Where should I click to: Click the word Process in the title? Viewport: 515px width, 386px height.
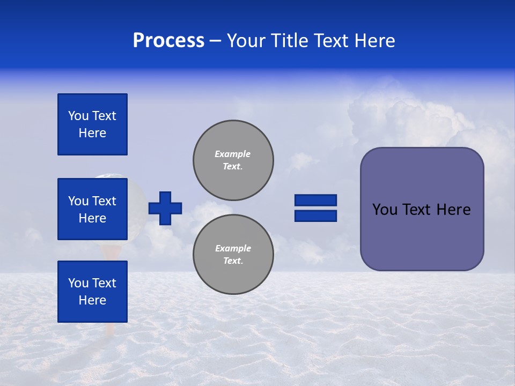(168, 41)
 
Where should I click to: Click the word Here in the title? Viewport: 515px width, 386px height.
(374, 41)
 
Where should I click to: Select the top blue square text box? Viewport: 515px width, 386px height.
(92, 124)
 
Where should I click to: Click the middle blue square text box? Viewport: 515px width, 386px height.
(92, 209)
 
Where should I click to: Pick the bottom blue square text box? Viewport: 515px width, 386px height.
(92, 292)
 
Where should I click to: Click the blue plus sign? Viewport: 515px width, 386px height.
(165, 208)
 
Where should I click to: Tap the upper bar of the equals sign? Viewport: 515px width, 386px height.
(315, 200)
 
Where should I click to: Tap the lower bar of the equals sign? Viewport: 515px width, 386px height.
(315, 216)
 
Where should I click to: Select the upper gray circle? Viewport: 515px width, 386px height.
(233, 160)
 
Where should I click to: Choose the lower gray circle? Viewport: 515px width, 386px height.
(233, 254)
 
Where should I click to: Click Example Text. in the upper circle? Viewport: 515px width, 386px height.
(233, 160)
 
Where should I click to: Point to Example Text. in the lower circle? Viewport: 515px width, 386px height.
(233, 254)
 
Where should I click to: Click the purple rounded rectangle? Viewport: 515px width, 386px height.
(422, 236)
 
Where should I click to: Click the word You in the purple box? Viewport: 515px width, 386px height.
(384, 210)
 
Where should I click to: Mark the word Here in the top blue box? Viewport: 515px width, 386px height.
(92, 133)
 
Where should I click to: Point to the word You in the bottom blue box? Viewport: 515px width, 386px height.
(78, 283)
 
